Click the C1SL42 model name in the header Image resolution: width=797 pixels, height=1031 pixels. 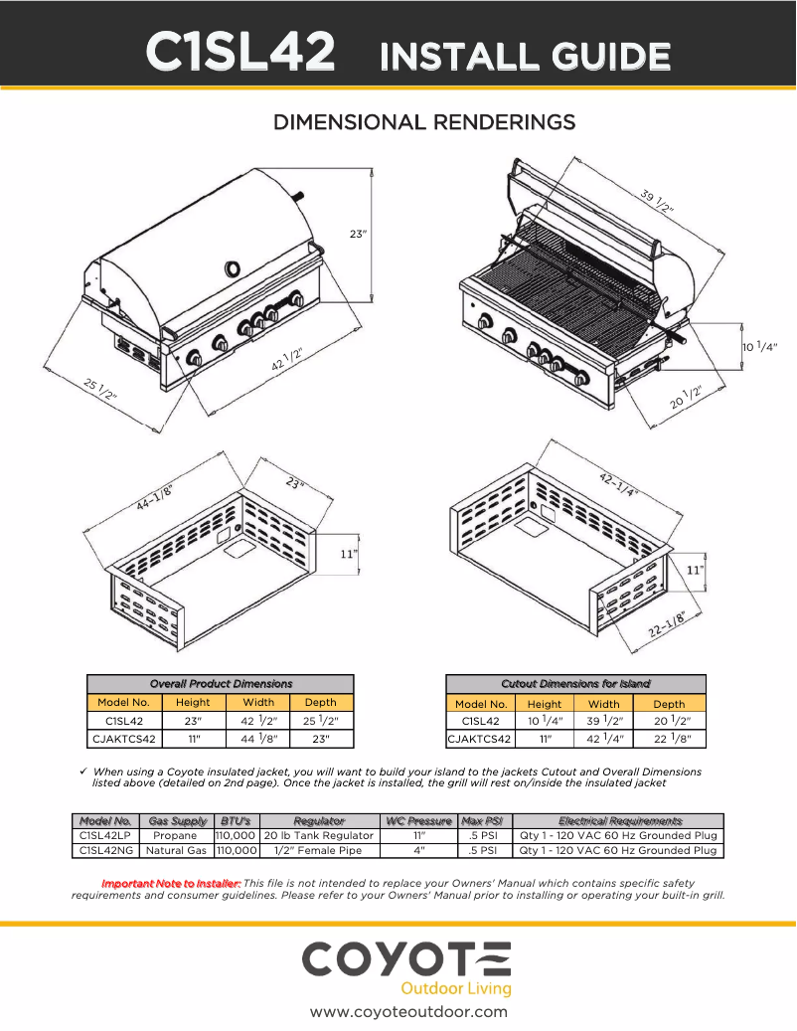point(239,53)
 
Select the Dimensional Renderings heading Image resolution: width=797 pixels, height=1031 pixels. point(424,122)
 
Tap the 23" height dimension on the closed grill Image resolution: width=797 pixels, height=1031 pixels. point(359,235)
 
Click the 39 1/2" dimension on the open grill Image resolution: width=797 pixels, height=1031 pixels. point(657,200)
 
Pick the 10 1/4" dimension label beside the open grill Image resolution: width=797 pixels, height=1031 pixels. point(759,347)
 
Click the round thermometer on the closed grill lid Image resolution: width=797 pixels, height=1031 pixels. point(232,268)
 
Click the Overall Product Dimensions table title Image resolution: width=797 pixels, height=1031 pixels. point(221,684)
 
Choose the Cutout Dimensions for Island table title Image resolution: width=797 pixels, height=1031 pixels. point(576,684)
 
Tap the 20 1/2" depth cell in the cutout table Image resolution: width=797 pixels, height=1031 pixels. point(669,721)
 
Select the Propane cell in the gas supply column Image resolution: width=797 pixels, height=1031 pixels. point(175,836)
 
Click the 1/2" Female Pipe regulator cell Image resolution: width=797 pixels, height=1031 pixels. point(318,851)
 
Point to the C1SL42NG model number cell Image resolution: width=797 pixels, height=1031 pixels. point(105,851)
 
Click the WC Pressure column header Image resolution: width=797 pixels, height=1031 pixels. point(417,821)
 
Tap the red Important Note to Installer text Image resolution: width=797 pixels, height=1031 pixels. point(171,883)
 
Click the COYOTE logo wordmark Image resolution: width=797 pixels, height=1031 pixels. point(407,959)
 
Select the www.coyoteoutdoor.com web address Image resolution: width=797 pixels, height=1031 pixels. point(408,1012)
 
